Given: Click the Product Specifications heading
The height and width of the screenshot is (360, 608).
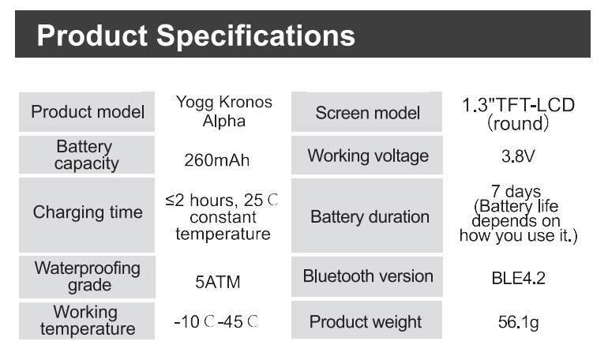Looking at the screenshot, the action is point(196,36).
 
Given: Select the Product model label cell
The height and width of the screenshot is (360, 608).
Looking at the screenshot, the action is point(87,111).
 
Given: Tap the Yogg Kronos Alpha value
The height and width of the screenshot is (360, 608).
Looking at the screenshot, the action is point(223,111).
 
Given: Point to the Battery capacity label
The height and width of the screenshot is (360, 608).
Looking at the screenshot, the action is point(86,155).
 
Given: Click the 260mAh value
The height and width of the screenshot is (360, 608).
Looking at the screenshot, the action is point(217,160).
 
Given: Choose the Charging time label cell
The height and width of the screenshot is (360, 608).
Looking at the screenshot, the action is point(87,215).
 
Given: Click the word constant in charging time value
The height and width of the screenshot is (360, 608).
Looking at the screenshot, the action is point(223,217).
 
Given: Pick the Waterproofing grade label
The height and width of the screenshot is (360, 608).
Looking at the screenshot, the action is point(87,276).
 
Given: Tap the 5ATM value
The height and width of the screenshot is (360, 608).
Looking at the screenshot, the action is point(217,282).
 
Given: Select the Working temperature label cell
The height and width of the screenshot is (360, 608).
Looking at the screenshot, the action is point(87,321).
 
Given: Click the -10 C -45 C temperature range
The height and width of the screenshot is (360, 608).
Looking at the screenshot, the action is point(216,321).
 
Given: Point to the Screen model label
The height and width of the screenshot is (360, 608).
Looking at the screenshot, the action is point(367,113).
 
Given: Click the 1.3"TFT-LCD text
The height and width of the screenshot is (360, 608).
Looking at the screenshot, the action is point(518,105).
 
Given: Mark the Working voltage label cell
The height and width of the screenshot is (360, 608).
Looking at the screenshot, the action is point(367,155).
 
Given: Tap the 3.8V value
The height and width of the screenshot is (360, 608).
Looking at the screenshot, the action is point(518,156).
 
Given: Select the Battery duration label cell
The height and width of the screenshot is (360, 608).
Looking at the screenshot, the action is point(367,216).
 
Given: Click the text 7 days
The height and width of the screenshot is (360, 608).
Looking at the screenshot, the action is point(516,191).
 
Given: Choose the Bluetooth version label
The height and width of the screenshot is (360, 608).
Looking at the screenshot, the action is point(368,276).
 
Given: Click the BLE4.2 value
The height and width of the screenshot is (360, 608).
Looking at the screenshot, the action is point(519,278).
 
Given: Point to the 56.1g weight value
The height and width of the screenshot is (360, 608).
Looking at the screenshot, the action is point(519,322).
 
